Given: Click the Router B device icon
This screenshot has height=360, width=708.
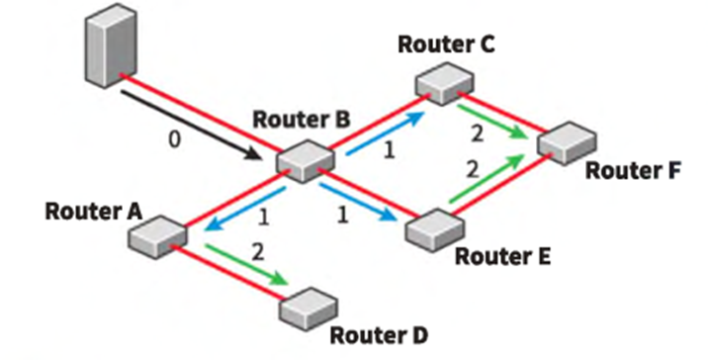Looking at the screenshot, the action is [x=306, y=161].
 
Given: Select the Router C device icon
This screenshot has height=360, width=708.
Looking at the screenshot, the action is [x=445, y=83].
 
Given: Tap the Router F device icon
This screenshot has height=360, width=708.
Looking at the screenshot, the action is [x=567, y=142].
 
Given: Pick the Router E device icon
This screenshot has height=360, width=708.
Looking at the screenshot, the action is [x=435, y=229].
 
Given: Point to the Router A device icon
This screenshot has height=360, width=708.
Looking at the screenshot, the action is [x=157, y=236].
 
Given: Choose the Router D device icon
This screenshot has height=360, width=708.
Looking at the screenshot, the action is [x=309, y=309].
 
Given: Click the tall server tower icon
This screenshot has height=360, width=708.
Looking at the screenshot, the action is [x=111, y=45].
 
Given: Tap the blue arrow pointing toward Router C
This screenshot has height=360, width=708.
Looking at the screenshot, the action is [x=386, y=133].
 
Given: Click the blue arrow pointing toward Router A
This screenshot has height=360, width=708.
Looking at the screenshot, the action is [x=245, y=209].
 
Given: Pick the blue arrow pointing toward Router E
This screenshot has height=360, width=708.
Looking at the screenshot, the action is [x=358, y=202].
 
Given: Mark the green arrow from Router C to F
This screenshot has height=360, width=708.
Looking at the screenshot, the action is [x=492, y=121].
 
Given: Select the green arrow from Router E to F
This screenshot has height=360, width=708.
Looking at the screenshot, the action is [x=487, y=178].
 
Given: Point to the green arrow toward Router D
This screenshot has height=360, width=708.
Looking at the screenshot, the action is [x=246, y=265].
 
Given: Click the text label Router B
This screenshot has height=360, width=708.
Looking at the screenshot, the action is [x=302, y=120].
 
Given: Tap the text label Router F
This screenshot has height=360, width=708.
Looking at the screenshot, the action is [x=633, y=171].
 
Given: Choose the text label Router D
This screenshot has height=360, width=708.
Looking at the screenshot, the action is [x=379, y=335].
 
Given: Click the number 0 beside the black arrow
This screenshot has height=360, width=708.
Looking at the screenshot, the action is [x=174, y=140].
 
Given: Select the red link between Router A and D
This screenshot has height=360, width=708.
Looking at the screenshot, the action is [x=229, y=271].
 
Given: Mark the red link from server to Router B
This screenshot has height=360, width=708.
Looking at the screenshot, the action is [x=202, y=114].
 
